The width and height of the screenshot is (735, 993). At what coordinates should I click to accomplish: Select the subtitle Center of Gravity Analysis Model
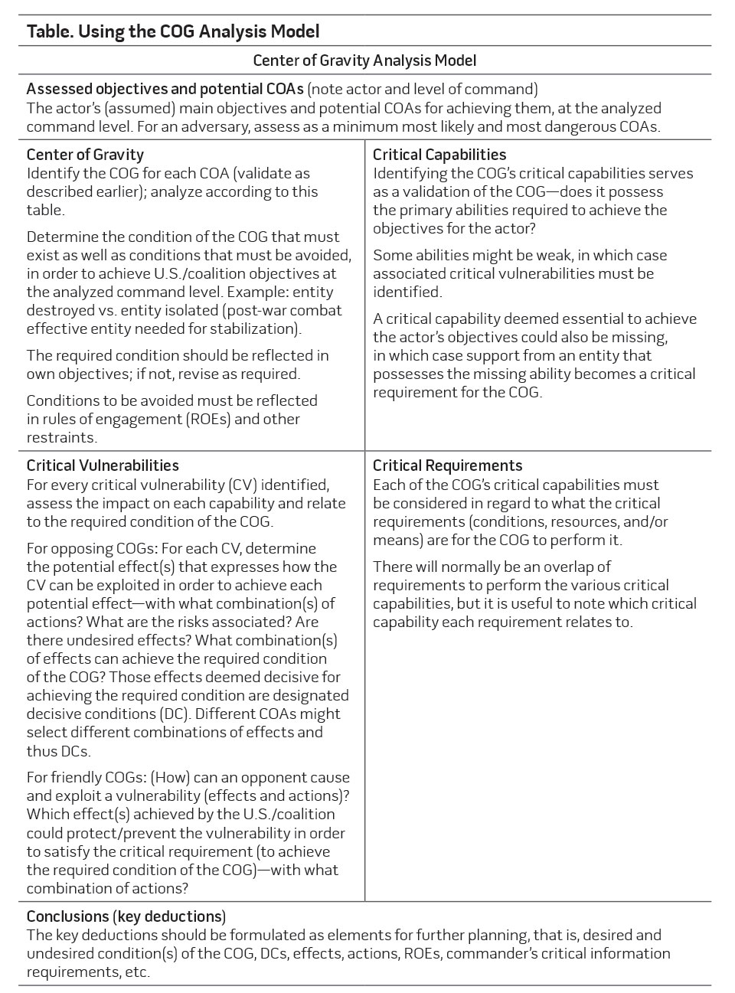tap(364, 60)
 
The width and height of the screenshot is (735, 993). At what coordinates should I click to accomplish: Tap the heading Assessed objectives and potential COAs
tap(165, 89)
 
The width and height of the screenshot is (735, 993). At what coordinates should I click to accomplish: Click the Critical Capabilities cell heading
tap(439, 155)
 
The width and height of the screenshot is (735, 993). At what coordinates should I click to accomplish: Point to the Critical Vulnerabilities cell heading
tap(103, 465)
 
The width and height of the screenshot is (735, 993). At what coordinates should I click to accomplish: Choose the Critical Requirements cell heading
tap(447, 465)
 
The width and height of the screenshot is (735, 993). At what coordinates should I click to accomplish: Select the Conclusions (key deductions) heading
tap(126, 916)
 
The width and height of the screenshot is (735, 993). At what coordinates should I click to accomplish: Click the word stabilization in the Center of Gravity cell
tap(254, 328)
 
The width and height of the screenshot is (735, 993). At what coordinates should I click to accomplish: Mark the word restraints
tap(61, 437)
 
